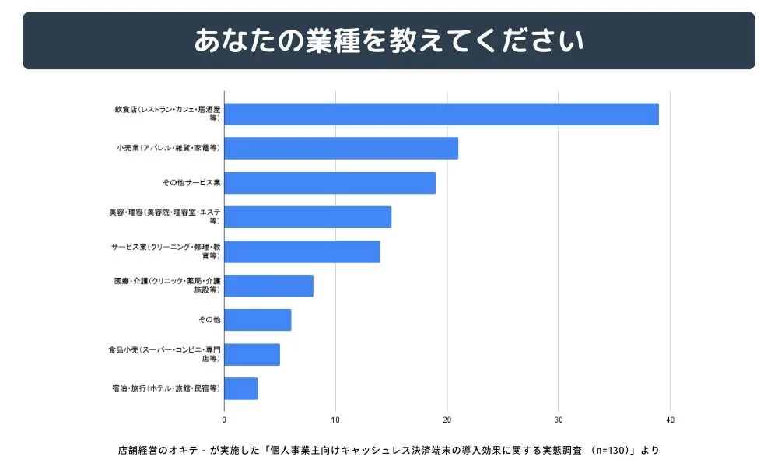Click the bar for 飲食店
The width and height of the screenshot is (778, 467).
click(x=441, y=114)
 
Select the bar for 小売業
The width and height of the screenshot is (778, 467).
click(x=341, y=149)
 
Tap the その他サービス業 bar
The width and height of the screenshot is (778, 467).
click(x=330, y=183)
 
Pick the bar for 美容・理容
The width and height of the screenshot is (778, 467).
click(x=307, y=217)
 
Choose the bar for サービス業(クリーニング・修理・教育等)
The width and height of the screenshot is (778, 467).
click(x=302, y=251)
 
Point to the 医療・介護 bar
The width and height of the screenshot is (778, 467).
click(x=268, y=286)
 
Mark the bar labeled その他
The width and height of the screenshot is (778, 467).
click(x=258, y=320)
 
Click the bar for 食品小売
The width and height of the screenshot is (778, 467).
click(x=252, y=354)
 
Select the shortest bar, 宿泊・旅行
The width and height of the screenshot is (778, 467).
click(x=241, y=388)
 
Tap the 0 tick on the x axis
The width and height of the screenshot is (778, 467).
click(x=224, y=420)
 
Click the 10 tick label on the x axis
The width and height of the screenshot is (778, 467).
click(x=335, y=420)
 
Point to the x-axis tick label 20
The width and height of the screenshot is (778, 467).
click(x=447, y=420)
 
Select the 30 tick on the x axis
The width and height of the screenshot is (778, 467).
click(x=559, y=420)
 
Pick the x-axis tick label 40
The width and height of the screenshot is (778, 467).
click(x=670, y=420)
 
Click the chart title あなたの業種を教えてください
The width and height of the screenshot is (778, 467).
click(x=389, y=41)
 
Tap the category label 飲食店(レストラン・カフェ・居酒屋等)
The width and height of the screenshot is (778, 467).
click(x=167, y=114)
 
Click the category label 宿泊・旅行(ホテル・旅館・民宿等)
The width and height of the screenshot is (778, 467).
click(x=166, y=388)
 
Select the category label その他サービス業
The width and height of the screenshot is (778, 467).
click(x=191, y=183)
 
